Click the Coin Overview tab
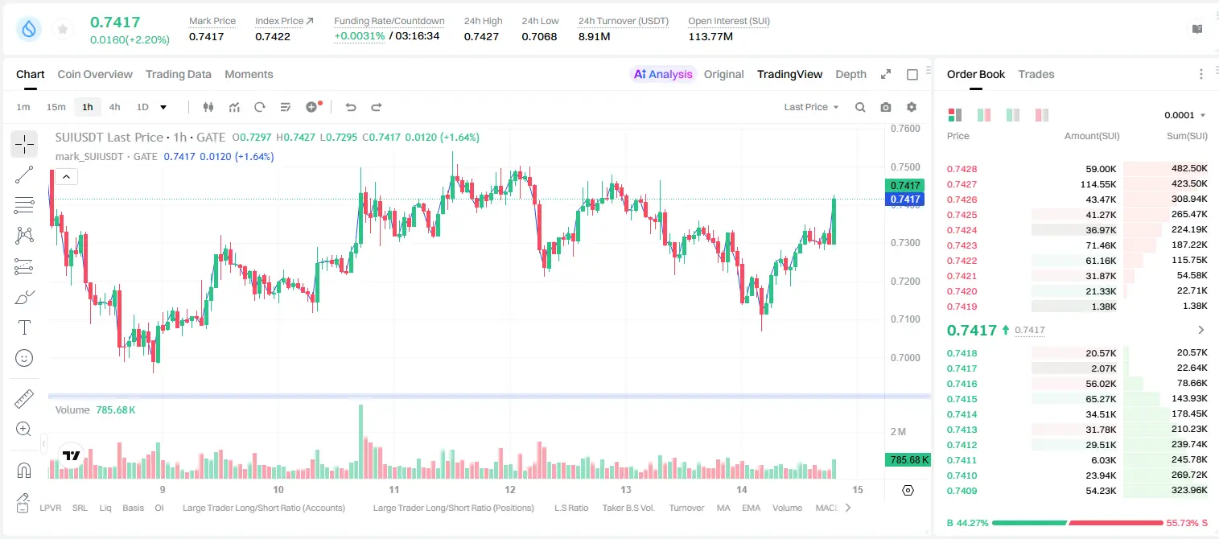pyautogui.click(x=95, y=74)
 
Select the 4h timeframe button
pyautogui.click(x=114, y=107)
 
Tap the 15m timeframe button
pyautogui.click(x=56, y=107)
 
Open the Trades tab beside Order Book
pyautogui.click(x=1036, y=74)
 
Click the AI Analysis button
pyautogui.click(x=663, y=74)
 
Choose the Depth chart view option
pyautogui.click(x=850, y=74)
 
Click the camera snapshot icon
pyautogui.click(x=886, y=107)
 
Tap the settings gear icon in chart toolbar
pyautogui.click(x=912, y=107)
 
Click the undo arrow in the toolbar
pyautogui.click(x=351, y=107)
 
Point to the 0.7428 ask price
pyautogui.click(x=962, y=169)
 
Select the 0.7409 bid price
pyautogui.click(x=962, y=491)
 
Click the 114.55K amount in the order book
pyautogui.click(x=1098, y=184)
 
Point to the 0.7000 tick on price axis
pyautogui.click(x=905, y=357)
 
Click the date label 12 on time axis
pyautogui.click(x=510, y=489)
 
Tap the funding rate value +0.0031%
pyautogui.click(x=359, y=36)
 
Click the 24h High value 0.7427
pyautogui.click(x=481, y=36)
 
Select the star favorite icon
pyautogui.click(x=63, y=29)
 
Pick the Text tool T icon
pyautogui.click(x=24, y=327)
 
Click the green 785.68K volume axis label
pyautogui.click(x=908, y=460)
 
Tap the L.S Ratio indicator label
pyautogui.click(x=571, y=508)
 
